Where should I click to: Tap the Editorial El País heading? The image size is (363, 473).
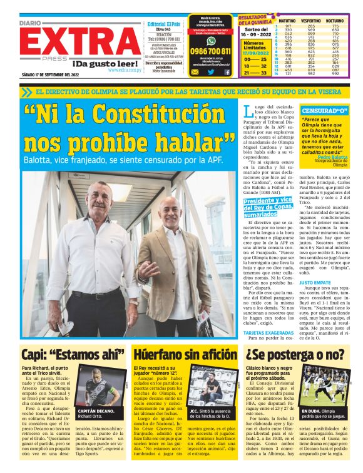(x=164, y=24)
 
